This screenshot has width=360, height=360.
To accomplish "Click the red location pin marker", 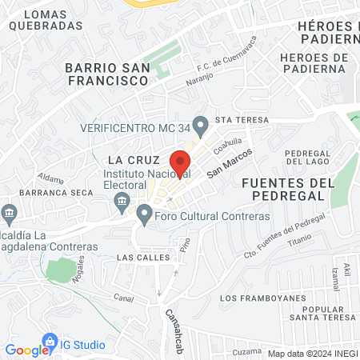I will [180, 162].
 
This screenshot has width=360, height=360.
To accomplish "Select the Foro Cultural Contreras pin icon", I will [144, 214].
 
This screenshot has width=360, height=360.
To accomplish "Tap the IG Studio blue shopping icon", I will [50, 344].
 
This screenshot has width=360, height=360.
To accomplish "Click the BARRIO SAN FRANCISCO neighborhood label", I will [108, 74].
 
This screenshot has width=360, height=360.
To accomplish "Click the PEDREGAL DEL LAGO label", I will [309, 157].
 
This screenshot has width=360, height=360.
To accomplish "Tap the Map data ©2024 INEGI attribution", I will [311, 354].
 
